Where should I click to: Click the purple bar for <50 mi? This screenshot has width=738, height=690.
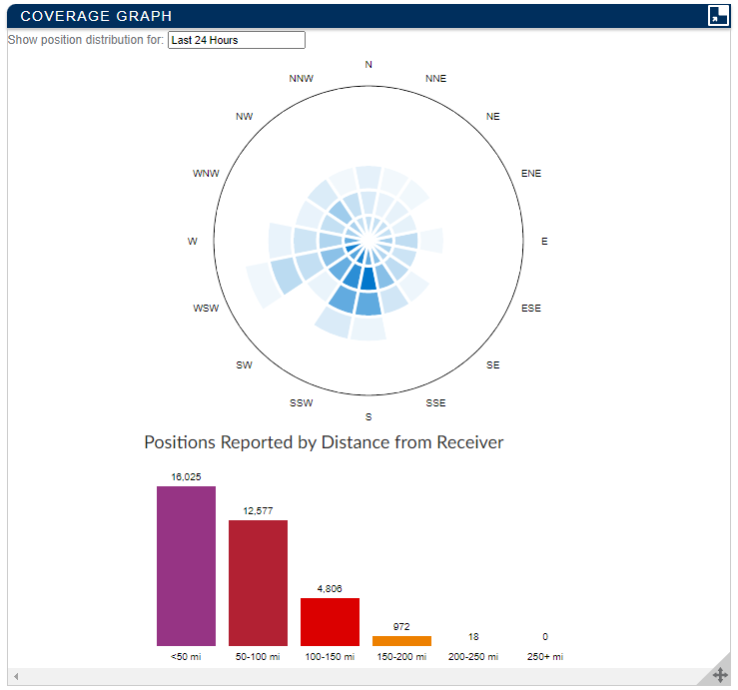pos(186,565)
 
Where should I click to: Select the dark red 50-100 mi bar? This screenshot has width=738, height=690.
pos(258,582)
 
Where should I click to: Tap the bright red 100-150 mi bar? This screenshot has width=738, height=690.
pos(330,621)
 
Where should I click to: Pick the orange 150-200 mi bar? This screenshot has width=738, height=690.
pos(401,641)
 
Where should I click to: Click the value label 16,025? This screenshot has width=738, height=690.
pos(186,477)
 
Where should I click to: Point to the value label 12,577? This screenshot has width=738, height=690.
pos(258,511)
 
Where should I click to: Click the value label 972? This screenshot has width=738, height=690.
pos(401,627)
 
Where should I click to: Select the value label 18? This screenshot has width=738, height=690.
pos(473,637)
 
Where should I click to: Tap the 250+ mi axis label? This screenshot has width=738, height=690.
pos(545,657)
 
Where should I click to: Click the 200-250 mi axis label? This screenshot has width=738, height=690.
pos(473,657)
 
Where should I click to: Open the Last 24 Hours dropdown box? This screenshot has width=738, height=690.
pos(236,40)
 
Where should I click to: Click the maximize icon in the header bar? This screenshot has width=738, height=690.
pos(718,15)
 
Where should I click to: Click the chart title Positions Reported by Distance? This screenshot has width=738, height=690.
pos(324,442)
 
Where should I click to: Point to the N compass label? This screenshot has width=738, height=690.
pos(369,65)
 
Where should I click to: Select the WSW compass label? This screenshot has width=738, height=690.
pos(206,309)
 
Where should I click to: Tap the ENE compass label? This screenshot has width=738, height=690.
pos(531,174)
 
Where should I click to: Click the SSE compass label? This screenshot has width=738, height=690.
pos(436,403)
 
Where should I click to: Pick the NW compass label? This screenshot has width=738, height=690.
pos(244,117)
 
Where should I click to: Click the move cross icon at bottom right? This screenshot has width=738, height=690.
pos(719,675)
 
